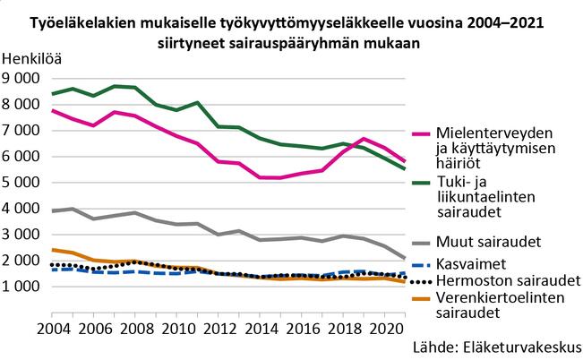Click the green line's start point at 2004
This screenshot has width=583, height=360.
(x=53, y=94)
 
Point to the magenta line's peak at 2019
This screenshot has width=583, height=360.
(x=363, y=139)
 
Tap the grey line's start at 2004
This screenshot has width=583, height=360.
(x=53, y=211)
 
